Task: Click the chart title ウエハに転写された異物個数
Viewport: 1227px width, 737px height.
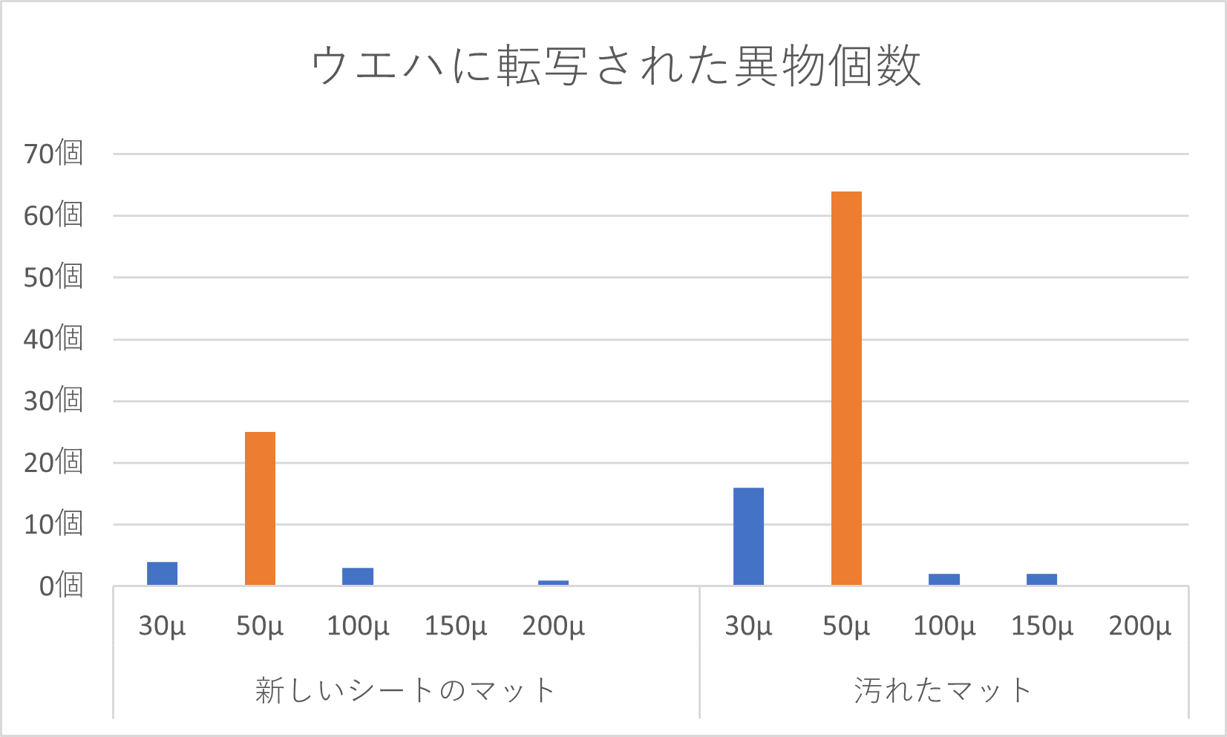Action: [x=615, y=66]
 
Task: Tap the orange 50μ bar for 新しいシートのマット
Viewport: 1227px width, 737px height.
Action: [x=260, y=508]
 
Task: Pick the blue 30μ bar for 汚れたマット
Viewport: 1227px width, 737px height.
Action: [x=748, y=536]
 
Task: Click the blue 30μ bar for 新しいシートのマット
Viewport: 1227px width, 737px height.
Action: [x=162, y=574]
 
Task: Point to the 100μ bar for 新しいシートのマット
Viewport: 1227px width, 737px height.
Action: [x=358, y=577]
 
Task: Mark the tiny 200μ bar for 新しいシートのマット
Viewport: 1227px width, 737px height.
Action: [x=553, y=583]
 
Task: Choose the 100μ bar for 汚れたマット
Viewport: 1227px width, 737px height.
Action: [x=944, y=579]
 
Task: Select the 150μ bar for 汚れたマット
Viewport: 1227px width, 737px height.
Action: [x=1041, y=579]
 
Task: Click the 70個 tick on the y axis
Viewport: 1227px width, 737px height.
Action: [x=53, y=154]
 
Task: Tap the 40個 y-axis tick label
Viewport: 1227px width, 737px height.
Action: [x=53, y=339]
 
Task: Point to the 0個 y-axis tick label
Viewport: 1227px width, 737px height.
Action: [x=60, y=586]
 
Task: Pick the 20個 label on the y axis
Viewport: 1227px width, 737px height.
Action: [x=53, y=462]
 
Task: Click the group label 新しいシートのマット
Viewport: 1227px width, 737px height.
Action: [x=405, y=690]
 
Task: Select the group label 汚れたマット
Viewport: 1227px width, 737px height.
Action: [x=943, y=690]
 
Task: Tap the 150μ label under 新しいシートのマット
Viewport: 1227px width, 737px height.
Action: [x=456, y=626]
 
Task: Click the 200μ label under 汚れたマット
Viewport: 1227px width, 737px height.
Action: [x=1139, y=626]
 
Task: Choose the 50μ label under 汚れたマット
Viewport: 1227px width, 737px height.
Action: [x=846, y=626]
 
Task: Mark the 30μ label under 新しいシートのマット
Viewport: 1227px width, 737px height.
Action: [x=162, y=626]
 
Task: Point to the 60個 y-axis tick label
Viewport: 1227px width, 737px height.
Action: [x=53, y=215]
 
